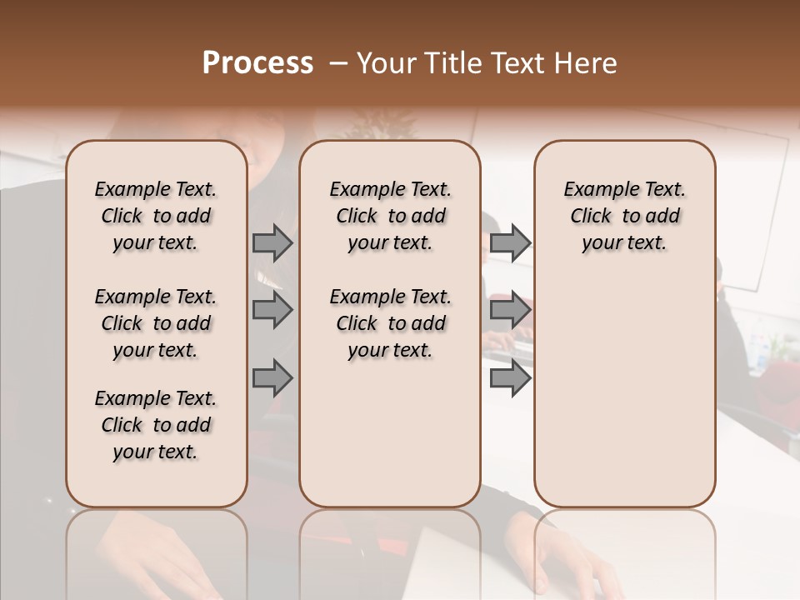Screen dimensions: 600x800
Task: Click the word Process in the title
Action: coord(257,63)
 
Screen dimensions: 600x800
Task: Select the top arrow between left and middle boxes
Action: coord(272,242)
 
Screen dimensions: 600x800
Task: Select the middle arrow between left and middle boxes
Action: coord(272,310)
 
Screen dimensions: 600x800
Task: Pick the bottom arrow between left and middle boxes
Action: coord(272,377)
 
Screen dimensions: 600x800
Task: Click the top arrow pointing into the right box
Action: coord(510,242)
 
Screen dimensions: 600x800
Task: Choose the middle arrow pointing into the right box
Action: coord(510,310)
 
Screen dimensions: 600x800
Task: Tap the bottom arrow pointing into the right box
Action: coord(510,377)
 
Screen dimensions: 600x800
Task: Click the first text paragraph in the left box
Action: coord(156,216)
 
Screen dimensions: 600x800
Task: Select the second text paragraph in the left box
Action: coord(156,323)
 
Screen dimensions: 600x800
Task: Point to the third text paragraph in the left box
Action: coord(156,425)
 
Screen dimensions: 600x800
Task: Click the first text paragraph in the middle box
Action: coord(390,216)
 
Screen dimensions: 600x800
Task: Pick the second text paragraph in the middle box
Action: coord(390,323)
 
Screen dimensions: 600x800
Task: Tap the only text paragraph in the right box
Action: coord(625,216)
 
